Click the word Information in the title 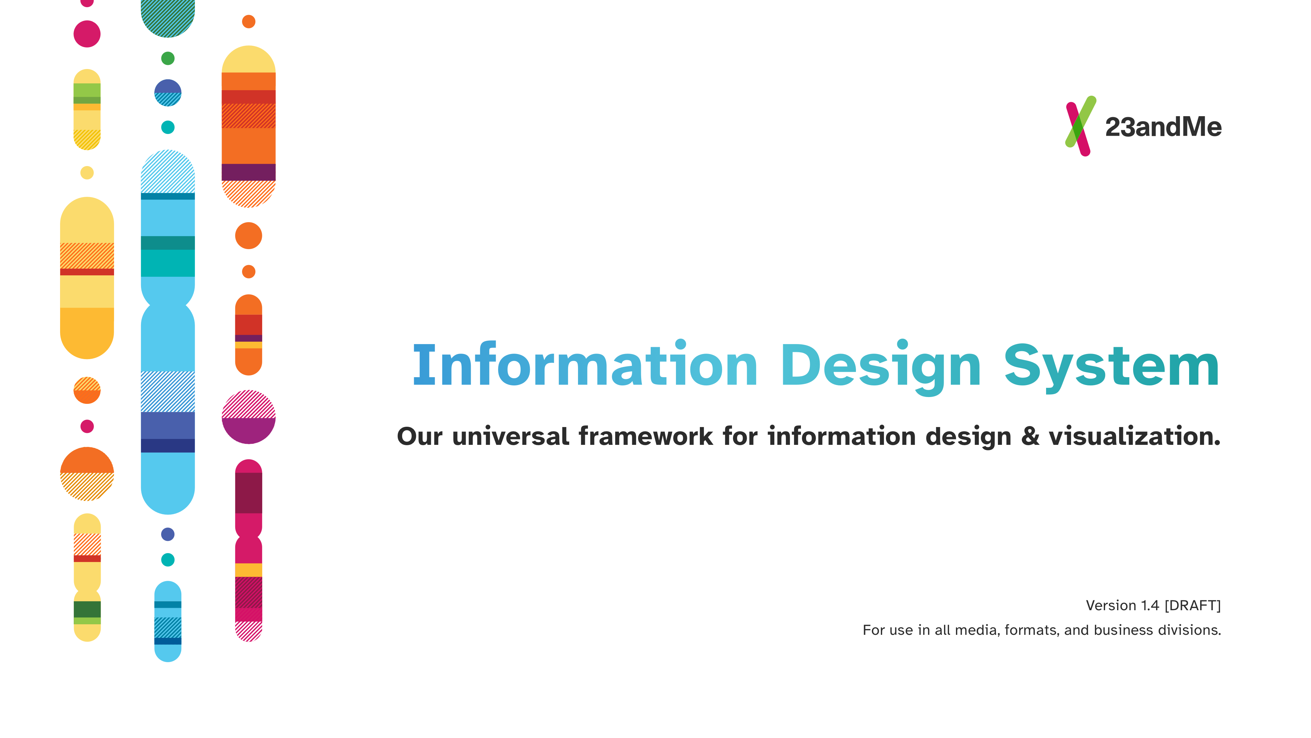[585, 365]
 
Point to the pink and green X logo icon [1081, 126]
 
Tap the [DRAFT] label [1193, 605]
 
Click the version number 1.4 [1150, 605]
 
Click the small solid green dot [168, 58]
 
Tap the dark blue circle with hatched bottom [168, 93]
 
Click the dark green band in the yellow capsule [87, 609]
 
